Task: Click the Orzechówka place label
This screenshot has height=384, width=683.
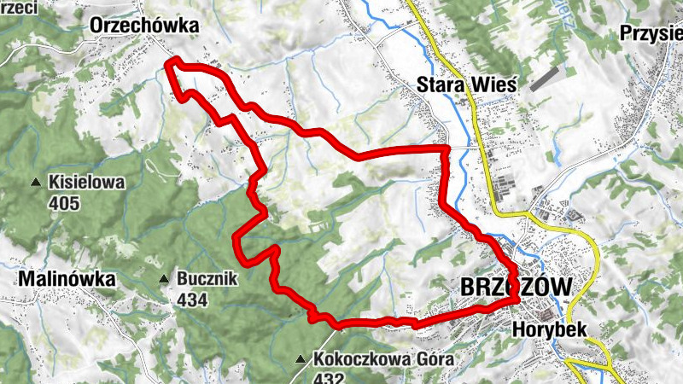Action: tap(144, 26)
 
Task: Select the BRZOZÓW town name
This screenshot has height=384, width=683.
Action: tap(515, 288)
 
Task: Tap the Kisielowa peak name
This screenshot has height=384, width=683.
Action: tap(87, 182)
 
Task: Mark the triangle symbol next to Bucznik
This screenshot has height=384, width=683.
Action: tap(163, 279)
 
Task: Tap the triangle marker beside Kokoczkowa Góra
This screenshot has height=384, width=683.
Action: tap(301, 359)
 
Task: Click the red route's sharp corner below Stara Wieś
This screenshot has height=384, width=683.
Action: tap(447, 149)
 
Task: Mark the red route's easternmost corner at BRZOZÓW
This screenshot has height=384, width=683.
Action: tap(517, 299)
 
